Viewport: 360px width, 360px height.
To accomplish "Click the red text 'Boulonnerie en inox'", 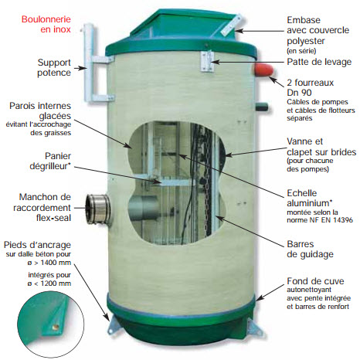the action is (x=46, y=24).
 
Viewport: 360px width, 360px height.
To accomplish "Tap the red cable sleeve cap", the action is (x=264, y=70).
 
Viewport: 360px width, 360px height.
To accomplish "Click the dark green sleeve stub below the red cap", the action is (x=262, y=107).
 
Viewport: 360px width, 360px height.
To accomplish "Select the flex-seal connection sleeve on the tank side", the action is (x=98, y=209).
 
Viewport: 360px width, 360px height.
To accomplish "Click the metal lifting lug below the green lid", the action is (x=207, y=61).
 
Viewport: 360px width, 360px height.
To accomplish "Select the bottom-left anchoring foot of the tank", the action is (x=114, y=325).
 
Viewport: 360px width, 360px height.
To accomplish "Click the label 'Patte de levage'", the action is (x=319, y=62).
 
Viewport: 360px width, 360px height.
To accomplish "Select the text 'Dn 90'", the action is (x=299, y=93).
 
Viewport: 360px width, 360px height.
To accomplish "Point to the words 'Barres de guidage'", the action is (x=310, y=249).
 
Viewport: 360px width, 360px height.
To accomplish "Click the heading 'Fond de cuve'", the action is (x=315, y=281).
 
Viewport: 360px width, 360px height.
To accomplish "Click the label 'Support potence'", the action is (x=54, y=67).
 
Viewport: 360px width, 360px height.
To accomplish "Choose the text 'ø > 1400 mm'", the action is (x=49, y=263).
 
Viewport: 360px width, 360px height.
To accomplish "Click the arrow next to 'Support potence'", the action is (x=80, y=68).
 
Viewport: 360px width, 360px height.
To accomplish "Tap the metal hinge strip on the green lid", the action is (x=232, y=25).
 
